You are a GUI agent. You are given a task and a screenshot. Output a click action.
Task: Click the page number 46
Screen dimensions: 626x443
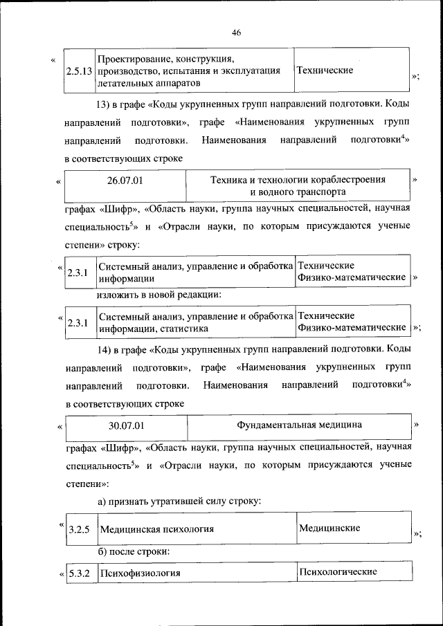tap(236, 33)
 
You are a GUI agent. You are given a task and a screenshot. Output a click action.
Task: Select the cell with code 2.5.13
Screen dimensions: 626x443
tap(79, 71)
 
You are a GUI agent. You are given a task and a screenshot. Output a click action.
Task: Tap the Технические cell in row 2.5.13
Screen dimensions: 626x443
tap(325, 70)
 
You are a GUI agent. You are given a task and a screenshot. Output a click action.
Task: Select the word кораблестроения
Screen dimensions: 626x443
tap(347, 179)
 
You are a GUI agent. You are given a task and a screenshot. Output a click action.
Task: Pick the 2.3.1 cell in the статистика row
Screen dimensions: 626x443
tap(77, 323)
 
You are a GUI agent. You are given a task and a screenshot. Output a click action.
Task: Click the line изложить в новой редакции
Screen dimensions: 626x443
tap(158, 295)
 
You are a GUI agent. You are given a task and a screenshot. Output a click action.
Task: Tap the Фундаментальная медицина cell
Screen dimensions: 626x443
tap(299, 424)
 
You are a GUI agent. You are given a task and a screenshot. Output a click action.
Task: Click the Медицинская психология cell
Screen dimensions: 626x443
tap(156, 530)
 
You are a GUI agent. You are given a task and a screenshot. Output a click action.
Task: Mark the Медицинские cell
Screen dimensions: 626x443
tap(329, 528)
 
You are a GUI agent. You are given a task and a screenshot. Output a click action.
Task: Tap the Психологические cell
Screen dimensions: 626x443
tap(337, 572)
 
